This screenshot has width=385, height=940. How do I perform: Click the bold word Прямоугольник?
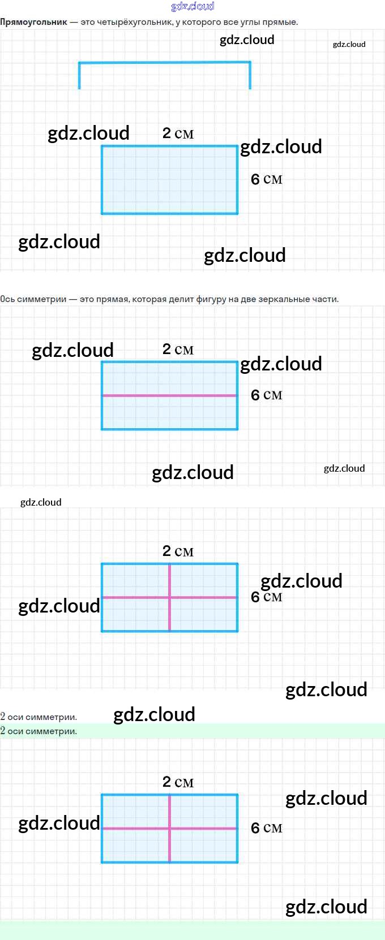point(33,22)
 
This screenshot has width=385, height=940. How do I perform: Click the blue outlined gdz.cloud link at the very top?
point(193,6)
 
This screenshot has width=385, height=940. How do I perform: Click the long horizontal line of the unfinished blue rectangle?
point(165,63)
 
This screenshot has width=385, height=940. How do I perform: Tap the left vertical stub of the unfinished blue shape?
point(79,76)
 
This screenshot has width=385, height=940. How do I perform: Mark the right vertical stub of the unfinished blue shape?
point(250,76)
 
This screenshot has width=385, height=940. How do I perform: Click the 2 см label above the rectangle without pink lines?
point(178,133)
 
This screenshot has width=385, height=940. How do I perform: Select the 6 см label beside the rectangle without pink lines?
point(267,179)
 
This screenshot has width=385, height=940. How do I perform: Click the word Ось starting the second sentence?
point(8,299)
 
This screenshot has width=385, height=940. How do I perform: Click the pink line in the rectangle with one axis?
point(170,395)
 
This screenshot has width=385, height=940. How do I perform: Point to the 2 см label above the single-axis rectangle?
point(178,349)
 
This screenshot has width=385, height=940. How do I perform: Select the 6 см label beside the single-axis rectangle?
point(267,395)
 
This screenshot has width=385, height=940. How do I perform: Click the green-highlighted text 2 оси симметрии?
point(38,731)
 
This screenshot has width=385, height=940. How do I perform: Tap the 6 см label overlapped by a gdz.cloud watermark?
point(267,597)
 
